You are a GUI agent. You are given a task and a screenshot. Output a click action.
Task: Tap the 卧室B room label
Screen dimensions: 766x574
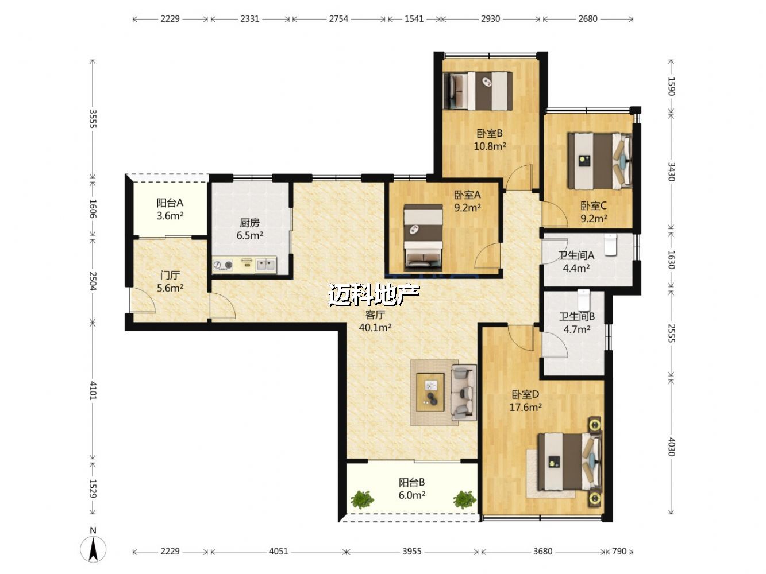[489, 133]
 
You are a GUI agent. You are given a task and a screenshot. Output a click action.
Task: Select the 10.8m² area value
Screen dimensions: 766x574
[490, 146]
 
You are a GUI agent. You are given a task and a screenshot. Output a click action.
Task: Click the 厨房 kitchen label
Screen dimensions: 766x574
[249, 222]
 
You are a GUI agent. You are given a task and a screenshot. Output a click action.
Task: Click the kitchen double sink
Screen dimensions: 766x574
[266, 265]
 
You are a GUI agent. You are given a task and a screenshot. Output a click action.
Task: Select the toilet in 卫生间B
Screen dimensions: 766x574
[583, 300]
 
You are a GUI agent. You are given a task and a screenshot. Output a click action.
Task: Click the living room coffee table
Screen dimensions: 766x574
[430, 391]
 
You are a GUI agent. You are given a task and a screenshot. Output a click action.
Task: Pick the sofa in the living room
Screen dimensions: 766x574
[463, 392]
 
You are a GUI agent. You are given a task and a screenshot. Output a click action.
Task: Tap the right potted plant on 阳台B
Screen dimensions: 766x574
[465, 499]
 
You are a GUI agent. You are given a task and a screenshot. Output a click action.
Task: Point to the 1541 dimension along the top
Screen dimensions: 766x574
[414, 18]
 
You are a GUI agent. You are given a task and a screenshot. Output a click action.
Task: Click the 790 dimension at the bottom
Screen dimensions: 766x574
[619, 551]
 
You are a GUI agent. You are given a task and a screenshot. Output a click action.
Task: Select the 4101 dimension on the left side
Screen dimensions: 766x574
[93, 390]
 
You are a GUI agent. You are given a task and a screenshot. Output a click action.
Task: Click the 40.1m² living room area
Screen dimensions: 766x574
[375, 328]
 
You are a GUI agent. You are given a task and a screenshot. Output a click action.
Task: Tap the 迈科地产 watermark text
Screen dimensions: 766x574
[374, 295]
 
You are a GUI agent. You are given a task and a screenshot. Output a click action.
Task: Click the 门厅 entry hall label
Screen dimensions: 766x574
[170, 276]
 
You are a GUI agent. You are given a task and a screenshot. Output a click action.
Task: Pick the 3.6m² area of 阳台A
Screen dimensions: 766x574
[170, 216]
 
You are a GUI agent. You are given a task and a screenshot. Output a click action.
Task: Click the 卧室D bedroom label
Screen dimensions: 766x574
[525, 394]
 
